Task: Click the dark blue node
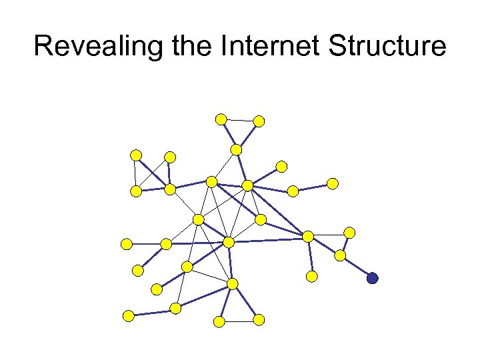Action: (372, 278)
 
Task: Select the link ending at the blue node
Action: (357, 267)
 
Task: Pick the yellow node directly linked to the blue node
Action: (340, 255)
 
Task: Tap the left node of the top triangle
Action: (221, 119)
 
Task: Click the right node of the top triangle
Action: (259, 121)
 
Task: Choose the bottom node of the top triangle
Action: (236, 149)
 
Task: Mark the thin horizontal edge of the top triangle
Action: (240, 121)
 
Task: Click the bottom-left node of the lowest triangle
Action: (219, 321)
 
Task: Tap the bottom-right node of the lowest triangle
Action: (259, 320)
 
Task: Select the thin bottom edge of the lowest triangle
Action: (239, 321)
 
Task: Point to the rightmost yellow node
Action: (349, 232)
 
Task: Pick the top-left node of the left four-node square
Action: (136, 155)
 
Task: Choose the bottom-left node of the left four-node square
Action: (136, 191)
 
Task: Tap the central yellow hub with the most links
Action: (229, 242)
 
